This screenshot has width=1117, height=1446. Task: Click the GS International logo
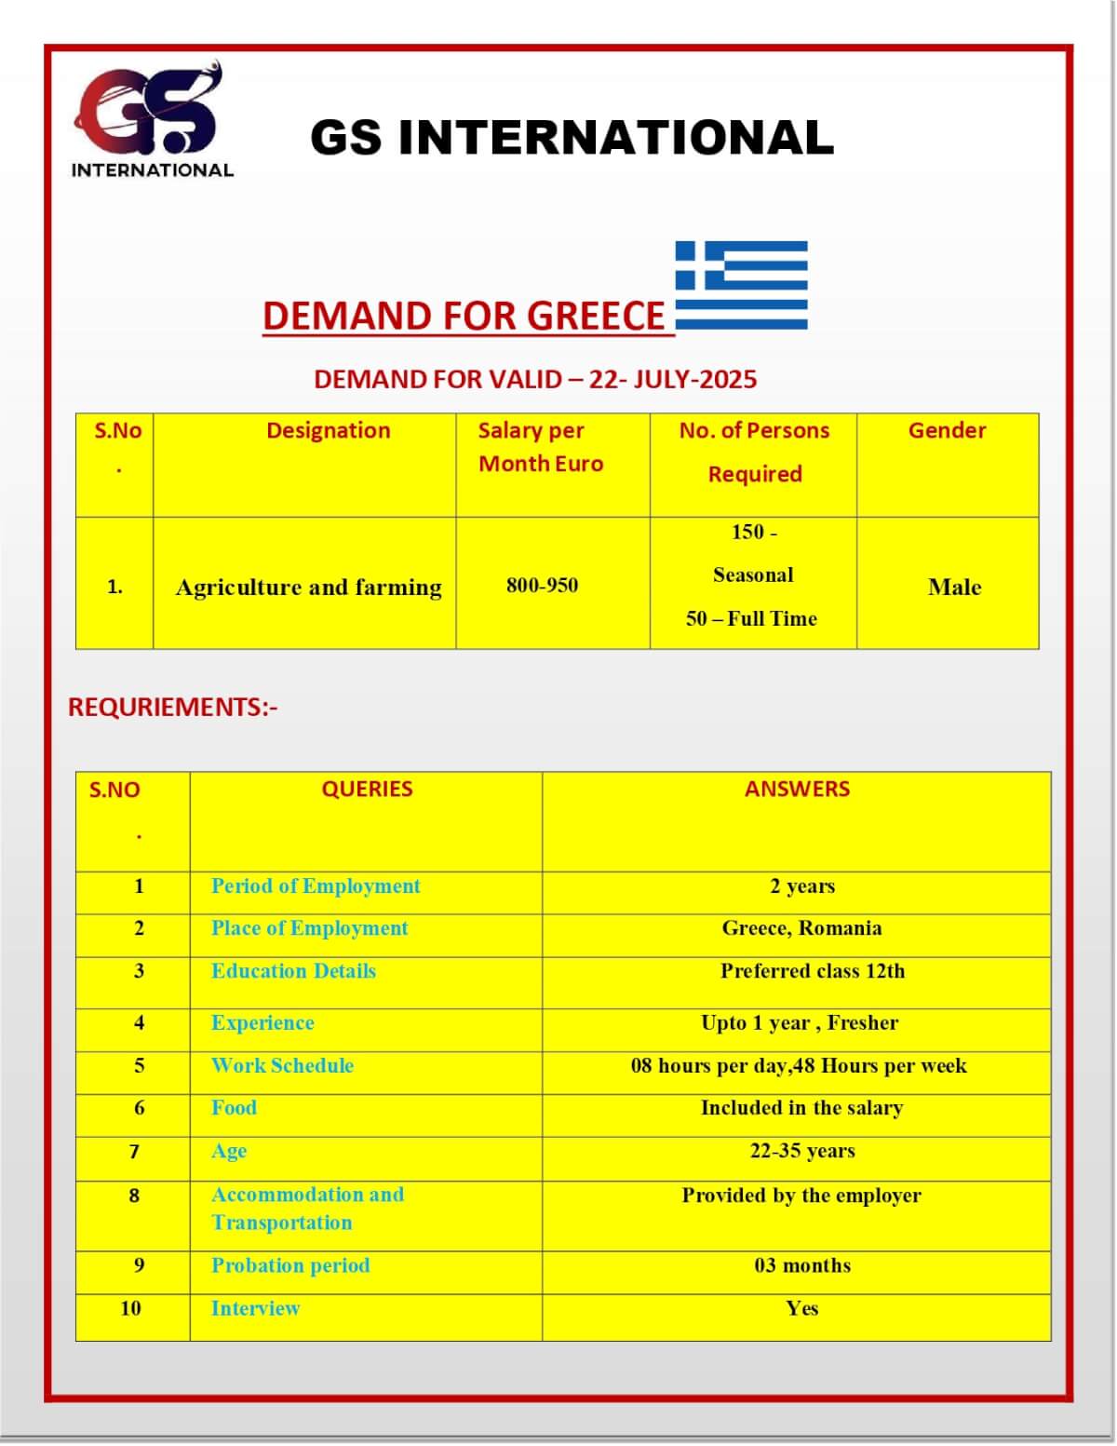[151, 118]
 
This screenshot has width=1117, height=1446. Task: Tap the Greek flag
[741, 285]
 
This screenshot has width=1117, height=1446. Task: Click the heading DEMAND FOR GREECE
[464, 316]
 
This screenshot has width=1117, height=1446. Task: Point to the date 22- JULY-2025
[673, 379]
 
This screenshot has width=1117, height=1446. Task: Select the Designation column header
[328, 430]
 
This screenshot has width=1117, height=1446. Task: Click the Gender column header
[947, 430]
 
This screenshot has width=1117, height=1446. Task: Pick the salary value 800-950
[542, 586]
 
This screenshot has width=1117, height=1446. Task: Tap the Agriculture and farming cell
[308, 588]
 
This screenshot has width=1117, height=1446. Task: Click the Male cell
[954, 587]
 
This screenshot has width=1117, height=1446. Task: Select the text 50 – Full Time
[751, 618]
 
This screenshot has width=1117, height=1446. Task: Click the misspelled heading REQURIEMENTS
[172, 707]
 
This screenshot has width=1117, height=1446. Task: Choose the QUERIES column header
[367, 789]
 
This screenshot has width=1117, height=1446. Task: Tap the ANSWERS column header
[797, 789]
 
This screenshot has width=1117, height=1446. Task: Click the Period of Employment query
[316, 885]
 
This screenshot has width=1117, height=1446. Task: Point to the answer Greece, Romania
[801, 928]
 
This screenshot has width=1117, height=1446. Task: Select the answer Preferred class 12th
[812, 971]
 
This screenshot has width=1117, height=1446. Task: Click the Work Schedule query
[282, 1065]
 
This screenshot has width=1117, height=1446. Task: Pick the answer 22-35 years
[801, 1151]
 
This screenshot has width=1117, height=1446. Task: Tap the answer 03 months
[802, 1265]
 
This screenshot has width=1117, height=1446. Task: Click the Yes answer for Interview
[801, 1308]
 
